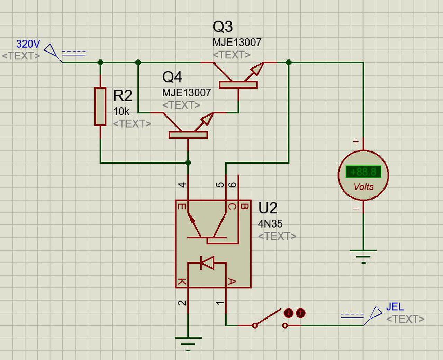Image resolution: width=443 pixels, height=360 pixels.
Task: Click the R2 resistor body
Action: pos(100,107)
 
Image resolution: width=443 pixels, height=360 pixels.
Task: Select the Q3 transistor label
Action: pos(223,27)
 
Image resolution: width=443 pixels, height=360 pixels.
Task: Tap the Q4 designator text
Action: pos(172,77)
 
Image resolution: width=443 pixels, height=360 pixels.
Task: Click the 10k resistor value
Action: pos(121,111)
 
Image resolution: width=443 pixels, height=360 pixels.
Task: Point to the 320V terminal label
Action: pos(28,44)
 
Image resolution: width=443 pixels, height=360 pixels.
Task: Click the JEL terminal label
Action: pos(395,307)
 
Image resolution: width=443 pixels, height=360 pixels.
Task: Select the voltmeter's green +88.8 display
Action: pos(363,172)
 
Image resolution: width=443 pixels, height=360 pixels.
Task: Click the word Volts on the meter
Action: pos(363,187)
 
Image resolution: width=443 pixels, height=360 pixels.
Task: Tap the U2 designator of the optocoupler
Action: pos(268,208)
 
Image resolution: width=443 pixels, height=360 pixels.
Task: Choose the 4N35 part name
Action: pos(270,224)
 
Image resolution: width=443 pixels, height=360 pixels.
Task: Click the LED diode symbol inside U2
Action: pos(207,263)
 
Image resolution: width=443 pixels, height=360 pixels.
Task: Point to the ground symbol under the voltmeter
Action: pos(363,257)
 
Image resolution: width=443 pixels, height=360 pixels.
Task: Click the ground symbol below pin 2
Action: pos(188,344)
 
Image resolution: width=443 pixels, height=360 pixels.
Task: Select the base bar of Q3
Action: pos(238,85)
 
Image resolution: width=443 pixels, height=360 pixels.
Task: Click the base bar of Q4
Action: pos(188,135)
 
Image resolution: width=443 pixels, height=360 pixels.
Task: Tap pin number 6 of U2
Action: pos(233,185)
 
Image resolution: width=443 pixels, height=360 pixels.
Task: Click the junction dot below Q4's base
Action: pos(188,163)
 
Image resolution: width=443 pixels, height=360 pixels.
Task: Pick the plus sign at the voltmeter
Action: pos(356,141)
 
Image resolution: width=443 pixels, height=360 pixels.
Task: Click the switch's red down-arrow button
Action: pos(289,313)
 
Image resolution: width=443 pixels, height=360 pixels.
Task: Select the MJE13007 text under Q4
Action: pos(187,93)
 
